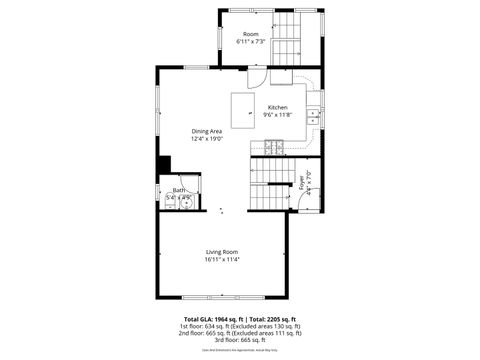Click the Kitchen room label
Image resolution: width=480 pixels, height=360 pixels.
277,107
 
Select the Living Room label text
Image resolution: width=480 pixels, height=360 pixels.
221,251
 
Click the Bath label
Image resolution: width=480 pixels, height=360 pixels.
179,190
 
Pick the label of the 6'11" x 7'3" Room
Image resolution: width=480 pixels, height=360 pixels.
250,34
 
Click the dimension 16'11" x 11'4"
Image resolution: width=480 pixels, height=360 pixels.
221,259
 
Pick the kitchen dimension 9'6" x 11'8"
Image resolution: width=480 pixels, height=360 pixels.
277,115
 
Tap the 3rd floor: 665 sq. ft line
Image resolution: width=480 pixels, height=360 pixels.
239,340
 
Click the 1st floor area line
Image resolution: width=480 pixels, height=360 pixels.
239,327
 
